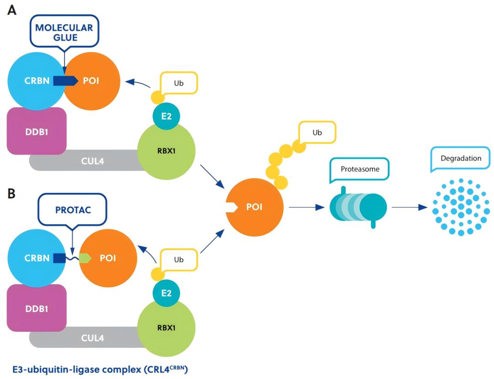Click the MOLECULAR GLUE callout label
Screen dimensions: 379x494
click(64, 33)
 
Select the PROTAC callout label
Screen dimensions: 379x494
click(72, 210)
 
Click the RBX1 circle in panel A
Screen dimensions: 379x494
click(166, 152)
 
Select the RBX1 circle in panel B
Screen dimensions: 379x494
click(166, 328)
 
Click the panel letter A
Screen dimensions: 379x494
click(12, 10)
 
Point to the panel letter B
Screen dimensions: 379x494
click(11, 192)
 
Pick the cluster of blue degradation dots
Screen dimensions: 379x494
click(462, 207)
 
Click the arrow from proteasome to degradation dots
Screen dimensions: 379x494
click(409, 207)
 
